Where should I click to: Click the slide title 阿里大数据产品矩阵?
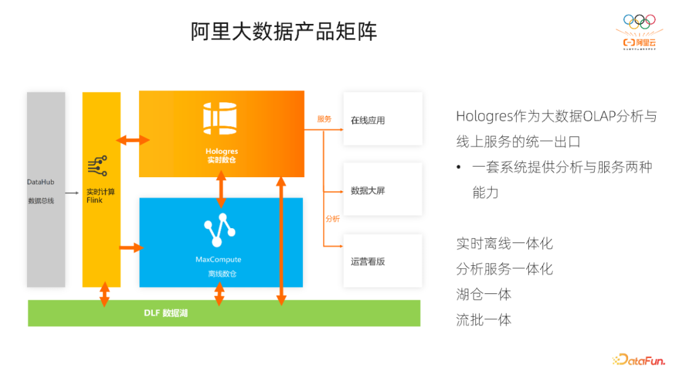[x=284, y=31]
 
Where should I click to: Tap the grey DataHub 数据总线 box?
[x=46, y=190]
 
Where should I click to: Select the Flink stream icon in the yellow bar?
[x=97, y=166]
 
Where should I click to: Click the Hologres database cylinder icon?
[x=221, y=117]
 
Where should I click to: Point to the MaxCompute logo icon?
[x=219, y=232]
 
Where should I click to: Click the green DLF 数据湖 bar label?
[x=166, y=313]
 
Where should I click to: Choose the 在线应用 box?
[x=382, y=119]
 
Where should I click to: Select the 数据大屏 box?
[x=382, y=190]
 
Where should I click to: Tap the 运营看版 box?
[x=382, y=261]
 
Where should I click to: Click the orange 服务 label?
[x=324, y=119]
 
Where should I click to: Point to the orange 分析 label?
[x=333, y=219]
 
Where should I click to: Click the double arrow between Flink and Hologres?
[x=133, y=140]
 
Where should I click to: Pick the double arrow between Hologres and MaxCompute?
[x=221, y=188]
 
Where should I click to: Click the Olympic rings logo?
[x=639, y=21]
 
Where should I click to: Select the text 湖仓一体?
[x=483, y=294]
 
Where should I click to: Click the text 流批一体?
[x=483, y=320]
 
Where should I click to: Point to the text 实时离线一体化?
[x=504, y=243]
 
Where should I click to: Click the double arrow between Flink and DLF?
[x=104, y=294]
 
